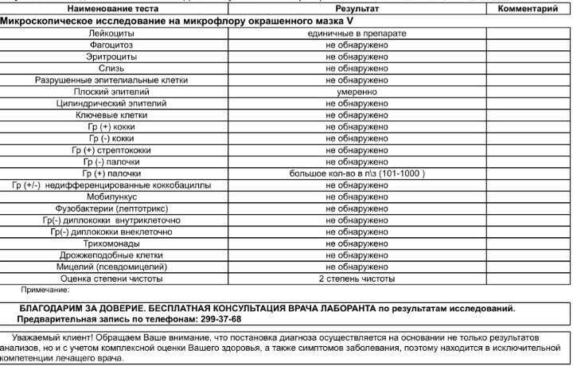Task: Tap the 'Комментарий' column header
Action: coord(528,9)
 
